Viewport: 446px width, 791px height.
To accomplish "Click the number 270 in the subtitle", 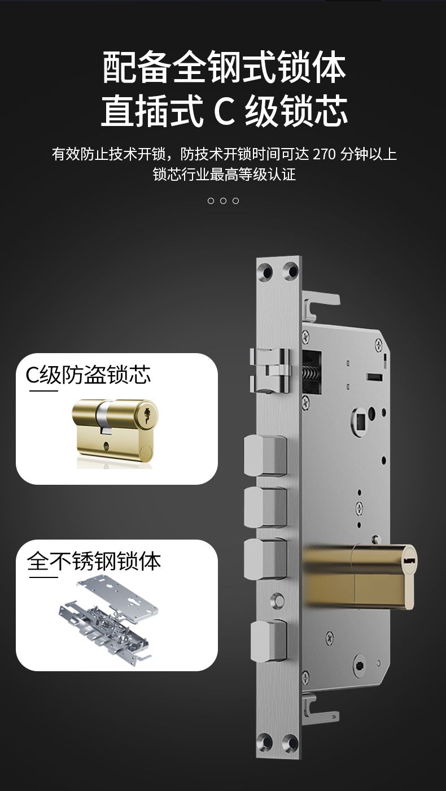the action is pos(324,154).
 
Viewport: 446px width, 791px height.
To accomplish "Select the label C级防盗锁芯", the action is pos(88,375).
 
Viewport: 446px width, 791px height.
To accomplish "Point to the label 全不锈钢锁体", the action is pos(94,561).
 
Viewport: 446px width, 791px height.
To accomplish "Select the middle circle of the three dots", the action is pos(223,201).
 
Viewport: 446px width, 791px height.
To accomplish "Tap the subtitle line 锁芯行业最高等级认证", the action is pos(225,175).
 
